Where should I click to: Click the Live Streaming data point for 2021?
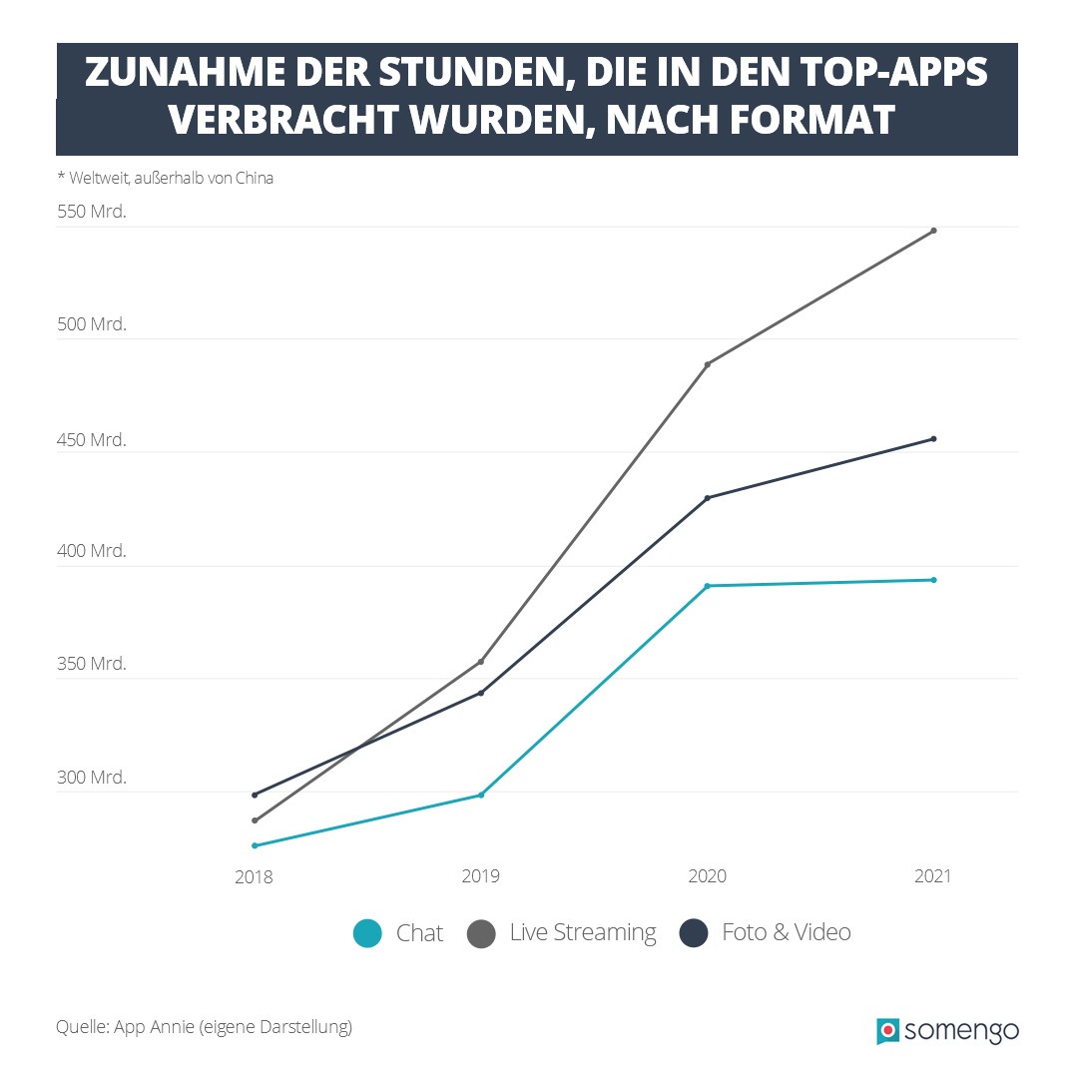tap(933, 231)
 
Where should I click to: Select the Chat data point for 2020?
tap(708, 586)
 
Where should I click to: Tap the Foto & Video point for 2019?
tap(481, 693)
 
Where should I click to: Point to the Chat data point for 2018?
tap(255, 845)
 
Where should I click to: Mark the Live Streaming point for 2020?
tap(708, 364)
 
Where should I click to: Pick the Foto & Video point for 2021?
tap(933, 439)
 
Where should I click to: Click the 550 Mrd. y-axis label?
tap(91, 213)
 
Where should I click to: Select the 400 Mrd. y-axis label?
tap(91, 551)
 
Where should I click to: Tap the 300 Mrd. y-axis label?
tap(91, 778)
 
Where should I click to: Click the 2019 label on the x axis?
tap(480, 876)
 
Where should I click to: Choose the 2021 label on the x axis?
tap(932, 876)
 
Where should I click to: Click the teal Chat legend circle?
tap(367, 934)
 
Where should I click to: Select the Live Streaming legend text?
tap(583, 933)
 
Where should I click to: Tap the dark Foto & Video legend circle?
tap(693, 934)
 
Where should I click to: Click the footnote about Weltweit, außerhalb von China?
tap(165, 179)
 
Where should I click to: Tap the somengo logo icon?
tap(887, 1031)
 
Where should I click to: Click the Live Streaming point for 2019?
tap(481, 662)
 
